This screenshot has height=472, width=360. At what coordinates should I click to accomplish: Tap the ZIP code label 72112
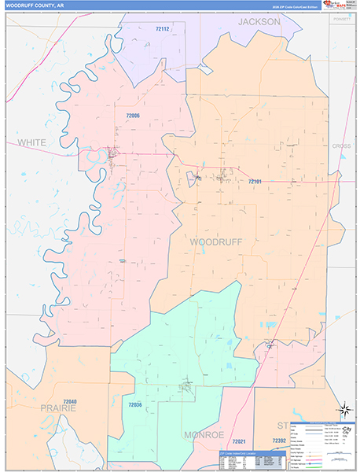click(x=163, y=29)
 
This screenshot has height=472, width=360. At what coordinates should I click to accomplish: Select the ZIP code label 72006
click(x=133, y=116)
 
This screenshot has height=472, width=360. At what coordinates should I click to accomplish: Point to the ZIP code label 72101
click(x=255, y=182)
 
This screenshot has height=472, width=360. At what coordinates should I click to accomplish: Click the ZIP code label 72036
click(x=135, y=404)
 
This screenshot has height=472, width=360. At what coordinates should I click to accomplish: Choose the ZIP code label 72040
click(x=69, y=401)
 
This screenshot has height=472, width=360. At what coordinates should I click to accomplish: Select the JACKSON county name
click(x=259, y=22)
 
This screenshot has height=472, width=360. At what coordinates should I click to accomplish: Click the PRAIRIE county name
click(x=59, y=409)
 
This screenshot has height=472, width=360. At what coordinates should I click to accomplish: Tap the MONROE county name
click(x=204, y=434)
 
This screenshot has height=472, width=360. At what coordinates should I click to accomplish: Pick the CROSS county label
click(x=341, y=146)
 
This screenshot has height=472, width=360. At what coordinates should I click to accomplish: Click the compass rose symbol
click(x=344, y=409)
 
